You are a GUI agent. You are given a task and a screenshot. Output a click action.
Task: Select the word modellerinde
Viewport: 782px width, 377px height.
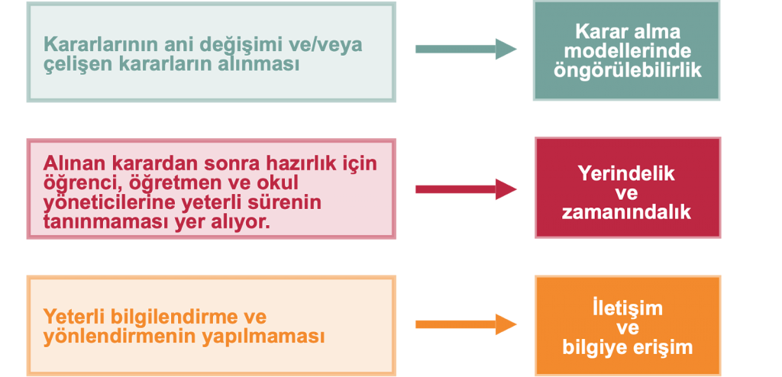tap(626, 51)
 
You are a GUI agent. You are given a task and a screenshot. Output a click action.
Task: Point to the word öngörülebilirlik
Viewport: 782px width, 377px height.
tap(626, 70)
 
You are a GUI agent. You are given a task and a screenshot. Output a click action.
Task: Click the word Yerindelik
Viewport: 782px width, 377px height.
tap(626, 173)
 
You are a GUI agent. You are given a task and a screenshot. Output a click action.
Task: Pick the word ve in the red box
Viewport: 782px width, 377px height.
tap(626, 192)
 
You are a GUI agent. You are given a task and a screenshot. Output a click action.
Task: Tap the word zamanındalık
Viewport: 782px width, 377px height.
tap(626, 212)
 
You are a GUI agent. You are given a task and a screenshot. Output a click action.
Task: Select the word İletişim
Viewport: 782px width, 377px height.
tap(626, 308)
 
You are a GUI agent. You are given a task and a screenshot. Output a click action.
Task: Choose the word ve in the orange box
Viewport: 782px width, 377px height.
tap(626, 328)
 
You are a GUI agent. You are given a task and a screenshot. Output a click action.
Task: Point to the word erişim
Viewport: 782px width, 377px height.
tap(664, 348)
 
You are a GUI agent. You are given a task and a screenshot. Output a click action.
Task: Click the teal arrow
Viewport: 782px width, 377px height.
tap(466, 49)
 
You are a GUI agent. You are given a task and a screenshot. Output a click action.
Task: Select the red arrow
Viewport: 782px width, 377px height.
tap(466, 188)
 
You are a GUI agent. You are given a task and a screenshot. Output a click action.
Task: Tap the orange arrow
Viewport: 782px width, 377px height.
tap(466, 324)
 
